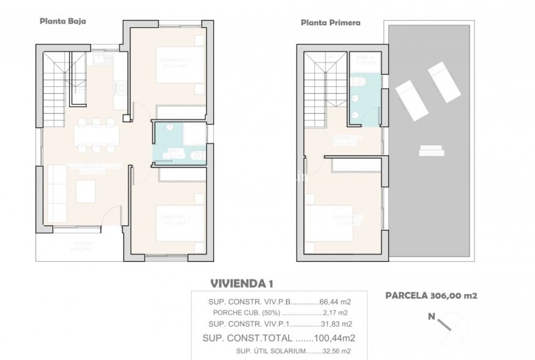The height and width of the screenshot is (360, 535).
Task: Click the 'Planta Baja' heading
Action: tap(63, 20)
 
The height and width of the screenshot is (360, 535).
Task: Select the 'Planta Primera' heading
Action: tap(330, 23)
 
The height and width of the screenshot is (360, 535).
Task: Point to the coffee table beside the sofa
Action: tap(86, 189)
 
